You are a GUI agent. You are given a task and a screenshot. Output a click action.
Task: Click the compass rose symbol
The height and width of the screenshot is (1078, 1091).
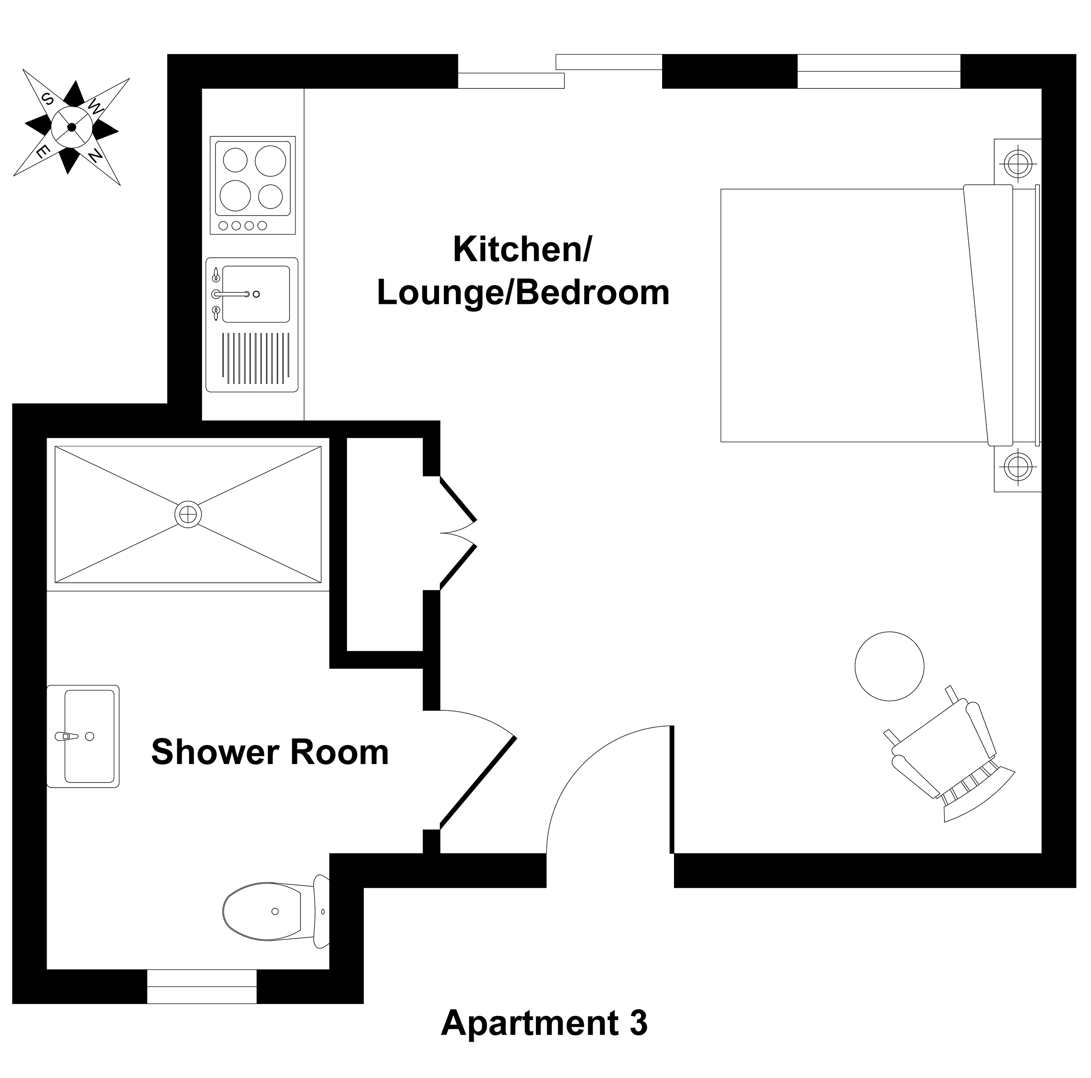pos(72,127)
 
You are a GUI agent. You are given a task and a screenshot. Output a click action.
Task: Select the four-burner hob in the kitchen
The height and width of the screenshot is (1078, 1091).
pos(253,185)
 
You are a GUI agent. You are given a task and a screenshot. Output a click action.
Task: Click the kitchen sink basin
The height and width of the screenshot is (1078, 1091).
pos(256,294)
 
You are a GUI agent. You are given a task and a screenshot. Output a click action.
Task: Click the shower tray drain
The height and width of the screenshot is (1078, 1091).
pos(188,514)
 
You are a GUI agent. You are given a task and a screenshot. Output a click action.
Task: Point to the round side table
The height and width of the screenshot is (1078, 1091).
pos(890,666)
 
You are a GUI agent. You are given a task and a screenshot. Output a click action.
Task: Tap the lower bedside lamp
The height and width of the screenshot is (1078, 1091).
pos(1018,467)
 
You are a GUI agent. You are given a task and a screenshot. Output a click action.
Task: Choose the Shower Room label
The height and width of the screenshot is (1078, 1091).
pos(270,752)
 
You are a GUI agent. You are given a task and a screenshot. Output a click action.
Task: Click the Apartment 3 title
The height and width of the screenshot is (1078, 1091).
pos(544,1023)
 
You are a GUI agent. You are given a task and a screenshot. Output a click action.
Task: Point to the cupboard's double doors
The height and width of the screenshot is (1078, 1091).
pos(458,533)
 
